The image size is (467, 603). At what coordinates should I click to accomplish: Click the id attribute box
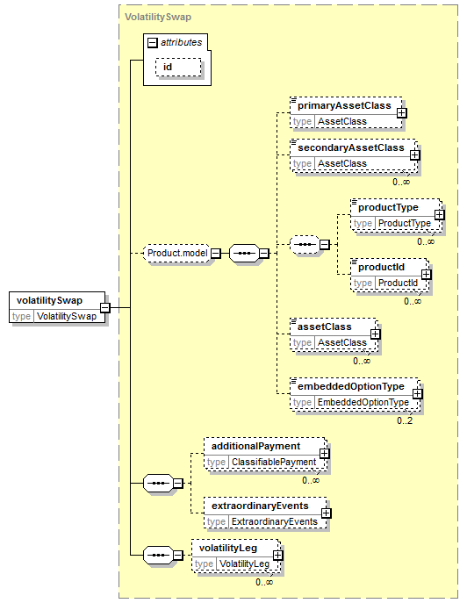[178, 68]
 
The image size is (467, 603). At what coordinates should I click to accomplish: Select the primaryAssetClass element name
[344, 105]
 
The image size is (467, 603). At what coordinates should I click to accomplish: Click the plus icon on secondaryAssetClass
[414, 155]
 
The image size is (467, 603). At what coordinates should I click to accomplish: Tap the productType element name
[388, 208]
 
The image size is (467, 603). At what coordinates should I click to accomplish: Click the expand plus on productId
[427, 274]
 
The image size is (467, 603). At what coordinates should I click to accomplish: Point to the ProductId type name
[398, 283]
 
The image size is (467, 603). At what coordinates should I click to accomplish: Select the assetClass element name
[325, 327]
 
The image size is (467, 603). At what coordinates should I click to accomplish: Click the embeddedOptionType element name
[351, 386]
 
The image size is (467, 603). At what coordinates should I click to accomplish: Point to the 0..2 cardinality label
[405, 420]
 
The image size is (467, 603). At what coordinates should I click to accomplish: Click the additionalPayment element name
[255, 446]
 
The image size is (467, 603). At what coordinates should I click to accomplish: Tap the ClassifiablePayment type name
[274, 462]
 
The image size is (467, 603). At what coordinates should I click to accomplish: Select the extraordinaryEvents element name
[260, 506]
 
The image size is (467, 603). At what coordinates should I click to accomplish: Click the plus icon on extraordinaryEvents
[327, 513]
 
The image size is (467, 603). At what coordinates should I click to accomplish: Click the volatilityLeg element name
[228, 548]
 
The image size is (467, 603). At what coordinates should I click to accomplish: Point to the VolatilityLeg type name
[244, 564]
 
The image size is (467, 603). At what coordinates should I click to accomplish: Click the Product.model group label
[177, 253]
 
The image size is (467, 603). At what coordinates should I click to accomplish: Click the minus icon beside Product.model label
[216, 254]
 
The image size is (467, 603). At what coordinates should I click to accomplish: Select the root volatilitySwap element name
[50, 300]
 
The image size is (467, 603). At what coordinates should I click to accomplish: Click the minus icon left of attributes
[153, 43]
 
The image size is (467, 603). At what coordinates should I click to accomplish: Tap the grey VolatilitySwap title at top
[158, 17]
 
